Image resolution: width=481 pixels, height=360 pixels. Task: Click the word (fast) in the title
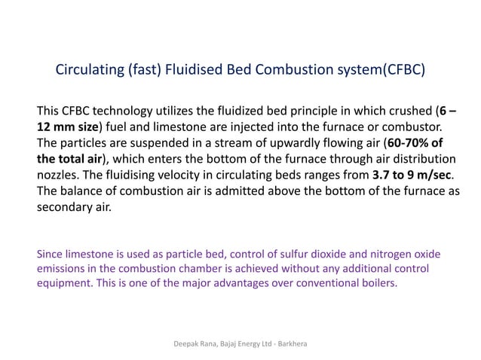click(x=143, y=72)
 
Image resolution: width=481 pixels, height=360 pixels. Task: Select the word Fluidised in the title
click(x=198, y=72)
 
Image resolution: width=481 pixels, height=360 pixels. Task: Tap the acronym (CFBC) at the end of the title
click(x=403, y=72)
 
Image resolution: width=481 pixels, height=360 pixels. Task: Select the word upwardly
click(x=308, y=143)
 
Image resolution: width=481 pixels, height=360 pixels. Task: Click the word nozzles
click(x=60, y=175)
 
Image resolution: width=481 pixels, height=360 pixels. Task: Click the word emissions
click(x=63, y=270)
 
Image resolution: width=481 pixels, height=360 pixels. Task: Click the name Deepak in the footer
click(x=186, y=343)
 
